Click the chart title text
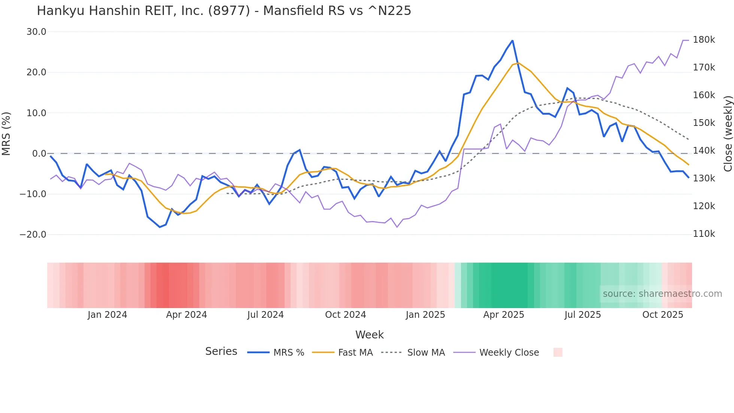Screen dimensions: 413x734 click(224, 11)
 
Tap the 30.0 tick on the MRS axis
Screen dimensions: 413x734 click(36, 32)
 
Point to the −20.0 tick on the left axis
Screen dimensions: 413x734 click(33, 235)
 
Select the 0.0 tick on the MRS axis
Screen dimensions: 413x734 click(39, 154)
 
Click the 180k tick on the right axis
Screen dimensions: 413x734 click(704, 40)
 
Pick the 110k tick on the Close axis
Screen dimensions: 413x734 click(704, 234)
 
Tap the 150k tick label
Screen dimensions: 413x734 click(704, 123)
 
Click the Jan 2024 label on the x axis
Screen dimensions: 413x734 click(107, 315)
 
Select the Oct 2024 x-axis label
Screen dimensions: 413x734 click(345, 315)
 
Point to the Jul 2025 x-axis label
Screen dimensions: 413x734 click(582, 315)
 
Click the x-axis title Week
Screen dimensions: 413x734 click(369, 335)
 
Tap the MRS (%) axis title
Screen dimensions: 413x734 click(6, 133)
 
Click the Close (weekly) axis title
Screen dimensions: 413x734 click(728, 133)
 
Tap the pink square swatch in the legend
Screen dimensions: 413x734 click(558, 352)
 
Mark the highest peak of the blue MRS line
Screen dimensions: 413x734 click(512, 40)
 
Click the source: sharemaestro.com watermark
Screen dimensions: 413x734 click(662, 294)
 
